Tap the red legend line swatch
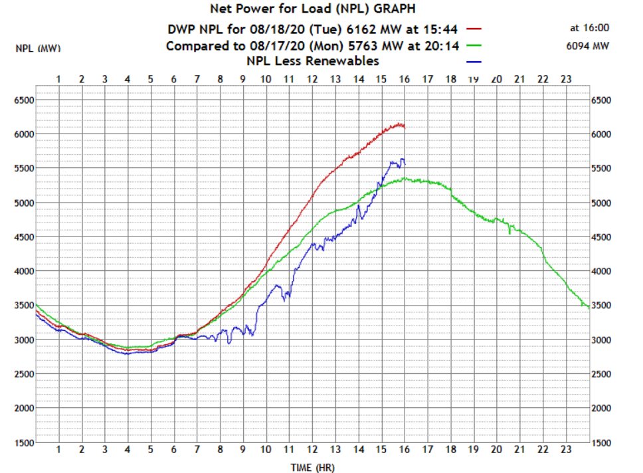(473, 29)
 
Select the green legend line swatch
(473, 46)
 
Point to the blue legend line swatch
(473, 62)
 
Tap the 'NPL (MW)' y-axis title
(35, 49)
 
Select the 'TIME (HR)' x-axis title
(313, 468)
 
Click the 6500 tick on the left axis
(25, 100)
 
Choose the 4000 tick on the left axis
(25, 271)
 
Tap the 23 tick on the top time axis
(565, 80)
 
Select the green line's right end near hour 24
(588, 307)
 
